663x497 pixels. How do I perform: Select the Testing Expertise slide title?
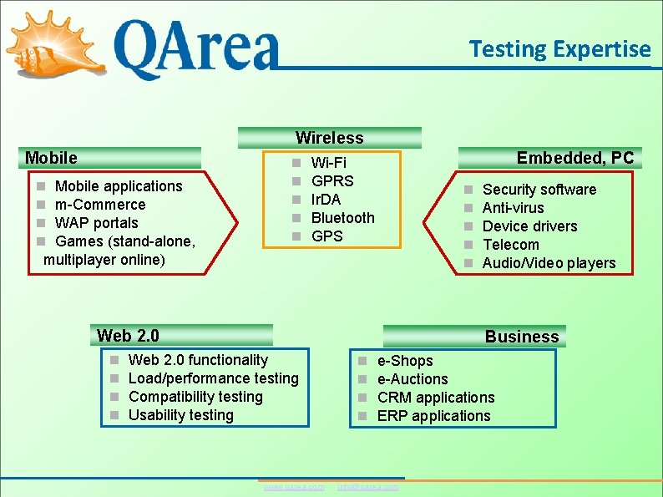click(559, 49)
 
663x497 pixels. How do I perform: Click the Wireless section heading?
click(330, 138)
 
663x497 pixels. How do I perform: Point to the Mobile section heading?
click(52, 158)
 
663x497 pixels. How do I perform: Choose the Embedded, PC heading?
click(575, 158)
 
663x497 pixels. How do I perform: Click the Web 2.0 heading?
click(128, 336)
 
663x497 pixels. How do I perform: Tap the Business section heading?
click(522, 337)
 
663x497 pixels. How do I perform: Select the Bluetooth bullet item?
click(342, 218)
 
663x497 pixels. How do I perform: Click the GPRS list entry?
click(332, 181)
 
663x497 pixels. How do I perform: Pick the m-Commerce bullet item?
click(99, 205)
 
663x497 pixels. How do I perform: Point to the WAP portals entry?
click(96, 223)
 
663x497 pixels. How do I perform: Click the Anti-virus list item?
click(513, 208)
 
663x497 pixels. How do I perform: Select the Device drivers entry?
click(529, 226)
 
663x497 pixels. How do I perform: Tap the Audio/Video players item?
click(549, 263)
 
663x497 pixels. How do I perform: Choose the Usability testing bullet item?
click(180, 415)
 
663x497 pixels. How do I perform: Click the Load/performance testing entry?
click(213, 378)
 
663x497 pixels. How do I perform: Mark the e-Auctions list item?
click(412, 379)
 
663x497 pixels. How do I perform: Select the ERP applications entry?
click(433, 416)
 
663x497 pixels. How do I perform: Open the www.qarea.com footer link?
click(293, 487)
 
